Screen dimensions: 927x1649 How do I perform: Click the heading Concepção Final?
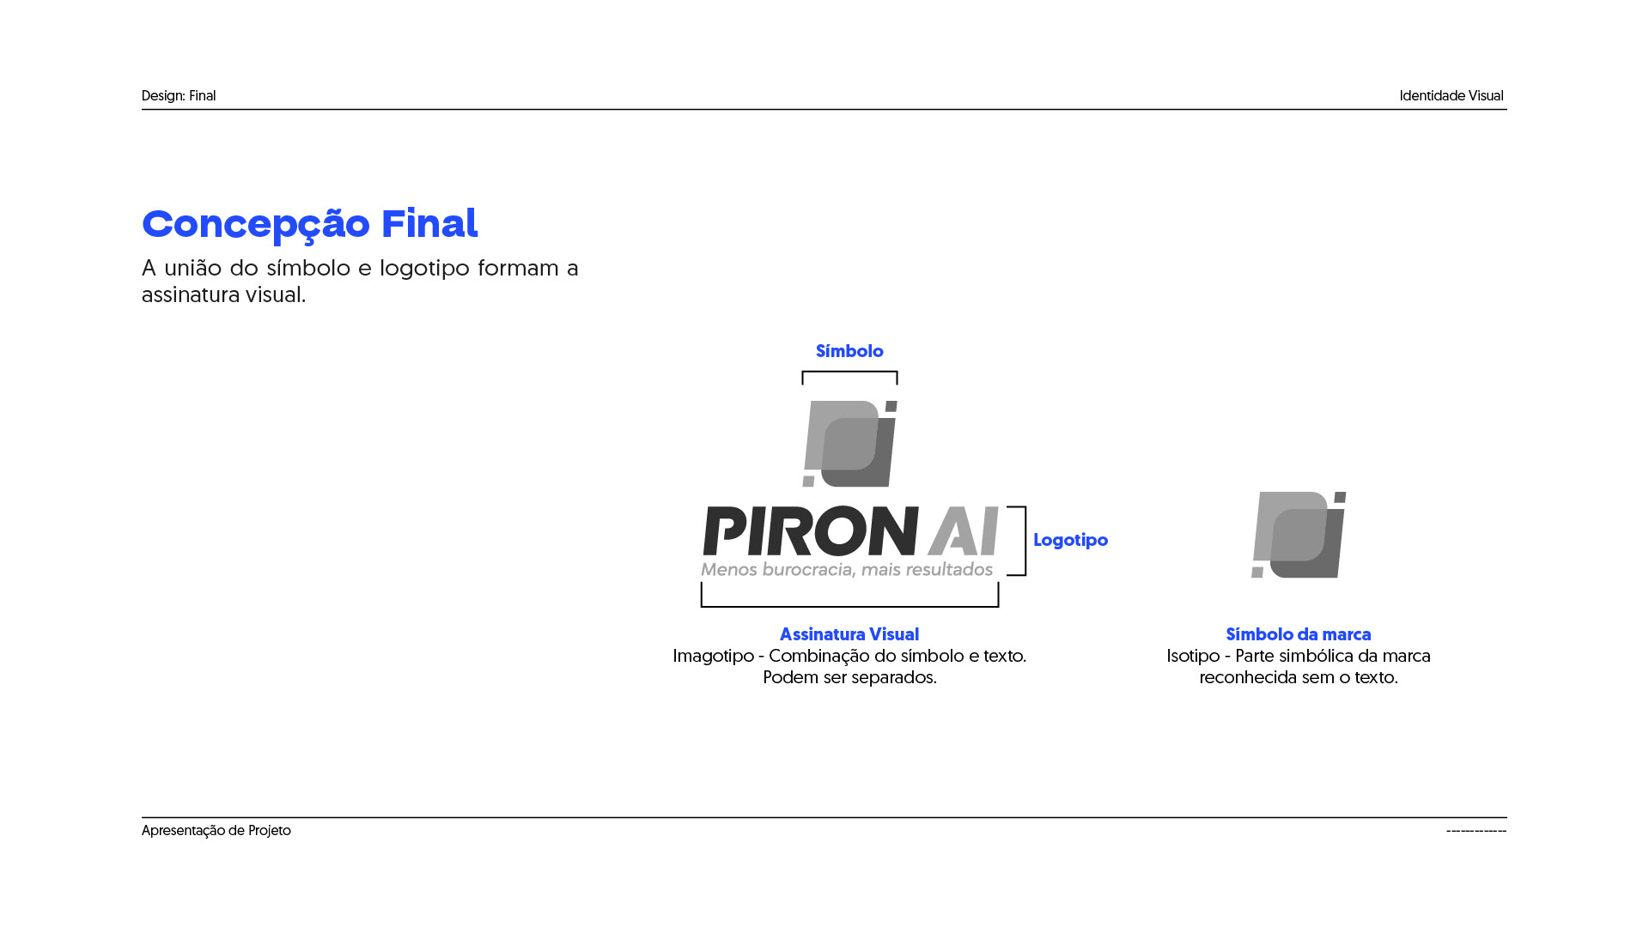(309, 224)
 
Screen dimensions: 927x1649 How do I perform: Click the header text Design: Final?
(179, 96)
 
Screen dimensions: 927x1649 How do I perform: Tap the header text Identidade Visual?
(1451, 96)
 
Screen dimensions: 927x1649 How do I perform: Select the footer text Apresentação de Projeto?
(216, 831)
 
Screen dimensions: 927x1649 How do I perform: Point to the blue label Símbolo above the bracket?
(849, 351)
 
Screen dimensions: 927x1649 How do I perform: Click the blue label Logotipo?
(1070, 540)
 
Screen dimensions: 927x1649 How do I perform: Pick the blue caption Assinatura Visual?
(849, 634)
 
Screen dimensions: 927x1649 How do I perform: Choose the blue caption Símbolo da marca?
(1298, 634)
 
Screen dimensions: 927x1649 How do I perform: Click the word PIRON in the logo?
(810, 531)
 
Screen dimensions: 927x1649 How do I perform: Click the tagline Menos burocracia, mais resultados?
(847, 570)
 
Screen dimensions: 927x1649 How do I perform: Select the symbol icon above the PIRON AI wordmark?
(849, 444)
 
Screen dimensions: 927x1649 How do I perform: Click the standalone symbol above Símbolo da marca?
(1299, 535)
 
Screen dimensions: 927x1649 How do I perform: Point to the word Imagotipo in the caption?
(713, 656)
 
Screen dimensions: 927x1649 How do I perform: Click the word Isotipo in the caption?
(1193, 656)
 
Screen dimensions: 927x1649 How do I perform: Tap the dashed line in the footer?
(1476, 831)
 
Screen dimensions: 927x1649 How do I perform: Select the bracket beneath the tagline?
(849, 605)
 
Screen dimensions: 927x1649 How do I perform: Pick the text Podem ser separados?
(849, 677)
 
